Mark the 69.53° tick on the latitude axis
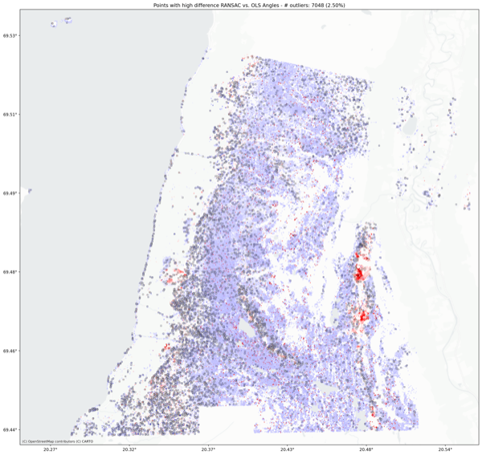pos(10,36)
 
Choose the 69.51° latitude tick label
pos(10,115)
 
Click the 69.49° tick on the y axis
pos(10,193)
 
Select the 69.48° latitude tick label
pos(10,272)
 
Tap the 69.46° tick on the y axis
pos(10,351)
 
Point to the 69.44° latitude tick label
pos(10,429)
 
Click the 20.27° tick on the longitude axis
pos(51,449)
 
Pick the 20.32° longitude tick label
pos(130,449)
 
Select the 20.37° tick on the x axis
pos(209,449)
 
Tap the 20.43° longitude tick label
pos(288,449)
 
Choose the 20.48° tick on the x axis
pos(366,449)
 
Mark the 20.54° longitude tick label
pos(445,449)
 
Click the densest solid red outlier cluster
pos(357,275)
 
